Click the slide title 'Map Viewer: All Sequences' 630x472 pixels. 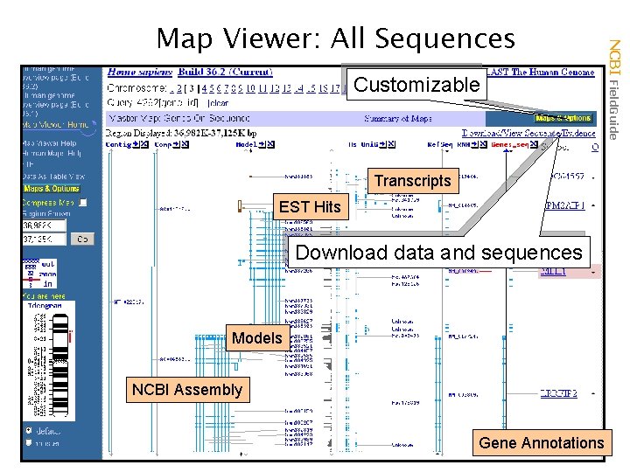335,38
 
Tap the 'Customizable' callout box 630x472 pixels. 416,85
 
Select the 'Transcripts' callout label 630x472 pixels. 412,181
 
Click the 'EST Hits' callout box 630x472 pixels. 309,207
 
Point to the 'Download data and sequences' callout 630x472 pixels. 439,253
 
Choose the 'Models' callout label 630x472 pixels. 256,337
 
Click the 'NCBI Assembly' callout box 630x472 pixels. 186,389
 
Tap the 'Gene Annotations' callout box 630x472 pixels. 541,442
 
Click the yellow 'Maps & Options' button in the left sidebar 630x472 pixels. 51,188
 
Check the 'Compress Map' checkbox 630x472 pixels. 83,203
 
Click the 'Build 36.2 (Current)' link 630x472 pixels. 225,73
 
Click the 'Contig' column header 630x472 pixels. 119,145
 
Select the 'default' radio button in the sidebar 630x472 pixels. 30,431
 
